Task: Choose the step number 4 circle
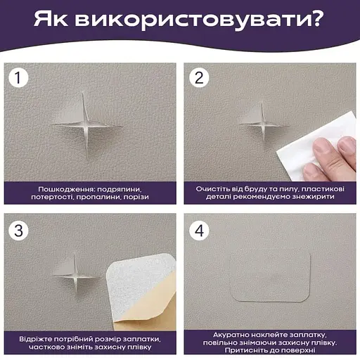(200, 229)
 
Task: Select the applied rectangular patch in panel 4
(271, 276)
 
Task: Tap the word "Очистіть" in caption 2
(214, 190)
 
